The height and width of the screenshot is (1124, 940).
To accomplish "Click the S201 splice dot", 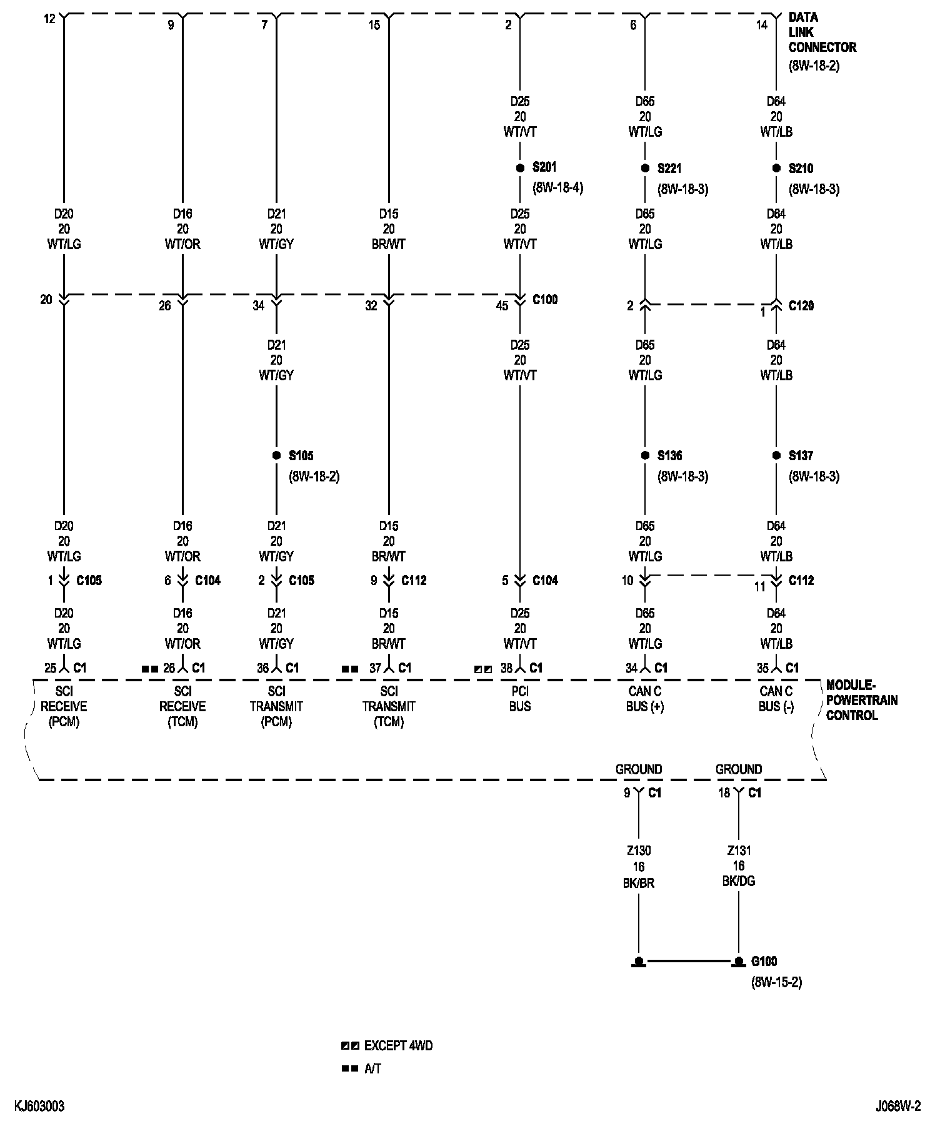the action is (519, 168).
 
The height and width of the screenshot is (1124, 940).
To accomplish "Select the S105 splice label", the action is (301, 456).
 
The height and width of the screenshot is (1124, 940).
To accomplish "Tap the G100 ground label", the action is (764, 961).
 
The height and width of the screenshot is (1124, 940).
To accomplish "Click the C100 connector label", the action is (545, 300).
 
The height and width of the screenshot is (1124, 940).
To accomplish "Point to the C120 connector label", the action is (801, 306).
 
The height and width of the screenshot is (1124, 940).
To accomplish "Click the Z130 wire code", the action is (638, 850).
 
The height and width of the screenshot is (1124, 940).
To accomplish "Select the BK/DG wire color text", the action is (739, 881).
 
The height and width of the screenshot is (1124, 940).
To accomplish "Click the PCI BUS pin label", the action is (520, 699).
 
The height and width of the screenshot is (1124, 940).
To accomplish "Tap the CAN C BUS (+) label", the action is (645, 699).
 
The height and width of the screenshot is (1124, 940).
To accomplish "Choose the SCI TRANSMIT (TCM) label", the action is (389, 707).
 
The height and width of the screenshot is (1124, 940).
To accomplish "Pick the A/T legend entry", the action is (372, 1068).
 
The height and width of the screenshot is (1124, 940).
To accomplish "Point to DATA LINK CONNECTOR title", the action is (821, 32).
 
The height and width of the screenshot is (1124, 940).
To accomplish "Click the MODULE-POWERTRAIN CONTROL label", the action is (861, 700).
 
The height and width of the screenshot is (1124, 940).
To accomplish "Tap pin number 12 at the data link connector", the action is (50, 19).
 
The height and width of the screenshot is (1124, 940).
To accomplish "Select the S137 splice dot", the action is (776, 456).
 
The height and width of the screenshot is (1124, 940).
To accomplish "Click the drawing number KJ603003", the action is (39, 1107).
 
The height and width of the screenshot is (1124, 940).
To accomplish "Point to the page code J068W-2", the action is (897, 1107).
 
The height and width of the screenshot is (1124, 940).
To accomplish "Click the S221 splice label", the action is (669, 169).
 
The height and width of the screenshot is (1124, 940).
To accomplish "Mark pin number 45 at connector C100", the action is (502, 307).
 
